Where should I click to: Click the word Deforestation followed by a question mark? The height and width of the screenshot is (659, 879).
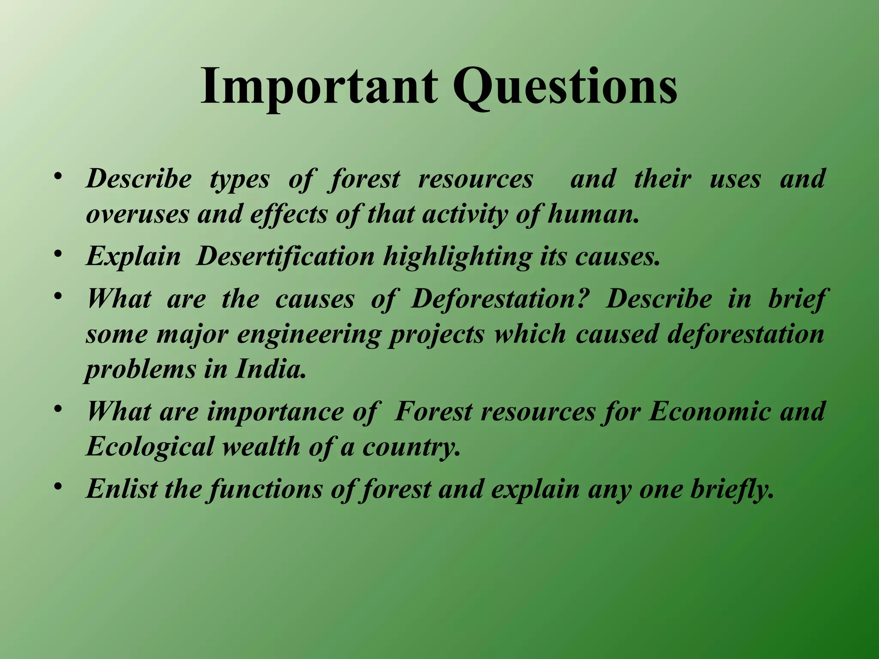[x=498, y=299]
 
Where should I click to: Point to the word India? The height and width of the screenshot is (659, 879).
[x=270, y=369]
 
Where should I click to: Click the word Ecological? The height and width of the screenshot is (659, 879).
[x=150, y=446]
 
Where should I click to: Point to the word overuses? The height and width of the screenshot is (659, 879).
[x=137, y=214]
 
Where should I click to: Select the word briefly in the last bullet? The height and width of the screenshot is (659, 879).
[x=732, y=489]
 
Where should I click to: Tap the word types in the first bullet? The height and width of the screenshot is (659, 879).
[x=239, y=179]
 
